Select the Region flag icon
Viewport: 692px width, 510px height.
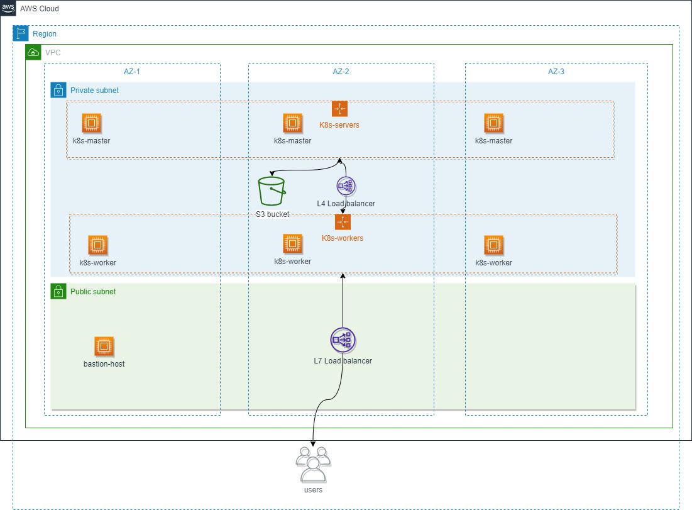click(21, 34)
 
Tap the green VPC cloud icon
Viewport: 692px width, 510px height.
click(33, 52)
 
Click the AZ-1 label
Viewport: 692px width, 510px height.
click(131, 72)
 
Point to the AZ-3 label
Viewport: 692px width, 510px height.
click(556, 72)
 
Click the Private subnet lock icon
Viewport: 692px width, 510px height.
click(58, 90)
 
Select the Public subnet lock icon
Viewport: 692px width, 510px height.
click(58, 291)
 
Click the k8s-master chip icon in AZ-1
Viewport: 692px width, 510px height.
click(91, 123)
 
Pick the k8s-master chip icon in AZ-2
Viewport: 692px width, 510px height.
click(292, 123)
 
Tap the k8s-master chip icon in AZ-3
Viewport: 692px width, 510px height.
click(493, 123)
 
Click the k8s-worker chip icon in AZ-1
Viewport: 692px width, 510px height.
click(97, 245)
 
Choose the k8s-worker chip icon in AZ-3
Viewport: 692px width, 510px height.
click(493, 245)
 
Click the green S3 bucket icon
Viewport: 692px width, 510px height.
click(272, 191)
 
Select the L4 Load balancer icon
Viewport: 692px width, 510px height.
click(346, 186)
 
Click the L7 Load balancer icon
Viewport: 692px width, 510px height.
click(343, 340)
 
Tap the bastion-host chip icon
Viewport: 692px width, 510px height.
click(104, 346)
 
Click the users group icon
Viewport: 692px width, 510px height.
click(312, 464)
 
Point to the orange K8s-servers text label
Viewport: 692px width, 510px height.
click(339, 125)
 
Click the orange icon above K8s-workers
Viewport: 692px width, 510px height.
click(343, 222)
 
